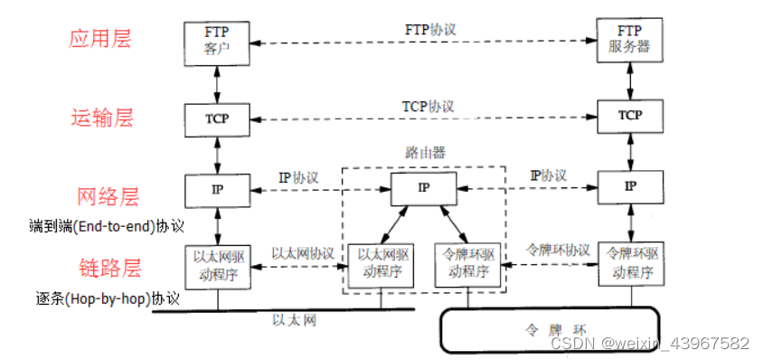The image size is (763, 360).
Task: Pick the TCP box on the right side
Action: [629, 116]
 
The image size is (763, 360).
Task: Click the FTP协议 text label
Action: [430, 29]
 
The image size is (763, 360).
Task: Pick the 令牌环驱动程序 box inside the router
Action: [468, 263]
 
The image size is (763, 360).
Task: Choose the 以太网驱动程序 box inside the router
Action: [381, 263]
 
